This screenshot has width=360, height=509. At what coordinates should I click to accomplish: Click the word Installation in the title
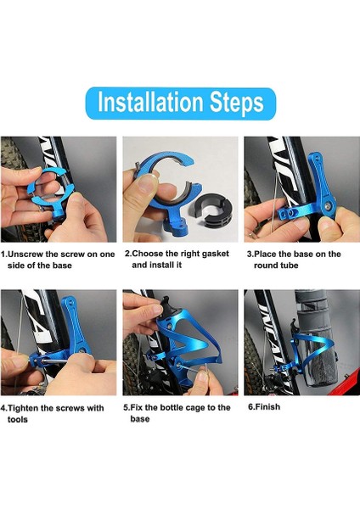[x=150, y=103]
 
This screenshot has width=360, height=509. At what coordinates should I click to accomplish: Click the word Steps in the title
[x=236, y=103]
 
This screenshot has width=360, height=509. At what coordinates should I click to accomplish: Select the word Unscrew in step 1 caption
[x=25, y=255]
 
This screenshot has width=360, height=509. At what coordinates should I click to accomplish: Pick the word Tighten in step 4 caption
[x=25, y=408]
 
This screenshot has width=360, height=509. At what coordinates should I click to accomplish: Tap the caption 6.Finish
[x=264, y=406]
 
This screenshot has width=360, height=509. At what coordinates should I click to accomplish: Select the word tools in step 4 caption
[x=18, y=420]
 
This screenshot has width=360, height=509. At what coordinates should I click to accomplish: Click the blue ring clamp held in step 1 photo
[x=48, y=193]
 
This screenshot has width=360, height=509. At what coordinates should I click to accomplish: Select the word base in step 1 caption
[x=60, y=266]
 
